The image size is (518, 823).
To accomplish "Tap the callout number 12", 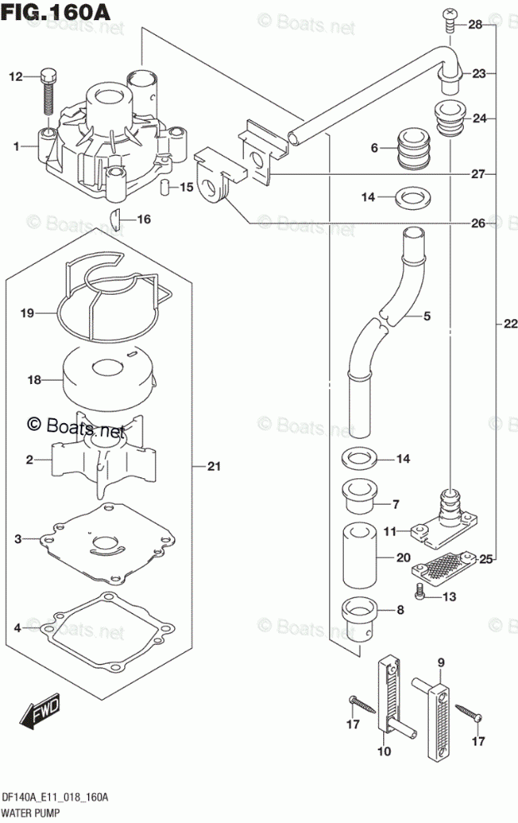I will coord(15,77).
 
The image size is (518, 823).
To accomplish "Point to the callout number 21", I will coord(213,467).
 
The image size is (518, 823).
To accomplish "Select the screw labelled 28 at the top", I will coord(450,17).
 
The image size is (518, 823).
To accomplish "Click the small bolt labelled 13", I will coord(421,594).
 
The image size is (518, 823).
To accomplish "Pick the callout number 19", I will coord(27,313).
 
